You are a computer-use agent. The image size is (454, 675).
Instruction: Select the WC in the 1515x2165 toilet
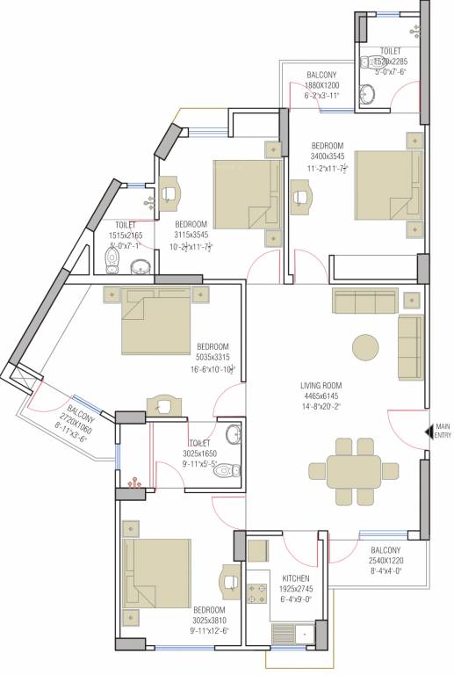(x=112, y=259)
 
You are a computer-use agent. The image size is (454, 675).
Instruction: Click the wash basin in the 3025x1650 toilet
(x=232, y=434)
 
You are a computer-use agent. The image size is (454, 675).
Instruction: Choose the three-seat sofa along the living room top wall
(x=361, y=301)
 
